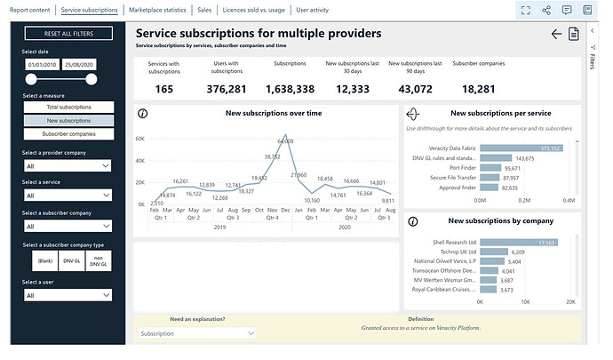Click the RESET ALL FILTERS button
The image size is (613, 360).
(x=68, y=34)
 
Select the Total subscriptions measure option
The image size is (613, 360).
(x=68, y=107)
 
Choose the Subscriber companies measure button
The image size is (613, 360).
(x=68, y=133)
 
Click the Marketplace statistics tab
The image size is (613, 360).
(x=157, y=9)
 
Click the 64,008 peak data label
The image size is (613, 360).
(x=285, y=141)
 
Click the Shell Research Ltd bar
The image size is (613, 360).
(x=519, y=243)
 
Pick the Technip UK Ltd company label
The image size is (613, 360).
(x=451, y=253)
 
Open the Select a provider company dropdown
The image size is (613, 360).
(x=68, y=165)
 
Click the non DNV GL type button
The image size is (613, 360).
(x=98, y=260)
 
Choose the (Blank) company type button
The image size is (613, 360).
(x=44, y=260)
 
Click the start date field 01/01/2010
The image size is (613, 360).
(x=43, y=65)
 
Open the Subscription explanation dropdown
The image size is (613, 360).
(x=197, y=333)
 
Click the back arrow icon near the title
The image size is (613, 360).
(x=556, y=34)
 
